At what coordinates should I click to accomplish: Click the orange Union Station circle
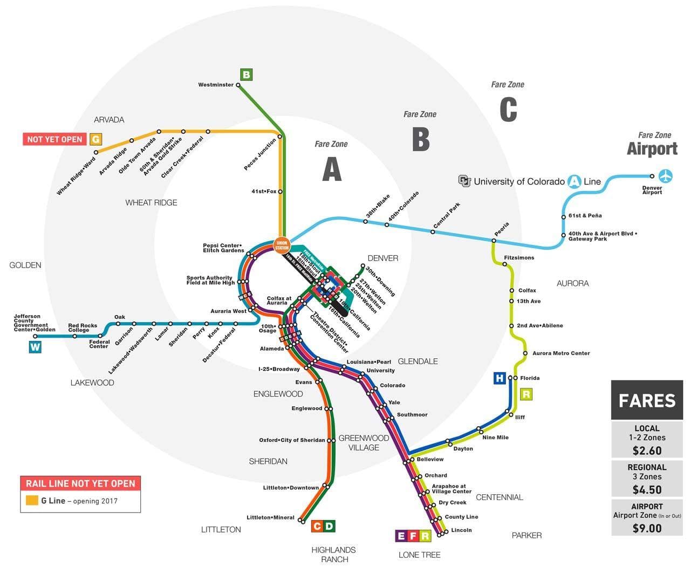point(282,245)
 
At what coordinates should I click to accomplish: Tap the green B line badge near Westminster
point(246,74)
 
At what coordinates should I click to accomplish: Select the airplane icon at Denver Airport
point(666,176)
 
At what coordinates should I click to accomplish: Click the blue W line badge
point(35,347)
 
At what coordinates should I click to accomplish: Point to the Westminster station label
point(216,85)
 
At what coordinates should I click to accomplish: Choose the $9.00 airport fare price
point(646,528)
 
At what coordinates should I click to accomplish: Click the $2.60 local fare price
point(646,450)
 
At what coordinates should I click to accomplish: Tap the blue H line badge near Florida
point(500,378)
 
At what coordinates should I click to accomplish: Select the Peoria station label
point(501,229)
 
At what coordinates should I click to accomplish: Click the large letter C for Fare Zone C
point(508,110)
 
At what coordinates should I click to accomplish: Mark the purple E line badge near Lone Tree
point(401,536)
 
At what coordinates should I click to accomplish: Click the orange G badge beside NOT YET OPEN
point(95,140)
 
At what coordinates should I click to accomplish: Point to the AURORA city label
point(572,283)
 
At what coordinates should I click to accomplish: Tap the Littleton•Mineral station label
point(270,518)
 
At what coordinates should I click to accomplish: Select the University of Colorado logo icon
point(464,181)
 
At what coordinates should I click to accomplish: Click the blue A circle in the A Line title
point(575,181)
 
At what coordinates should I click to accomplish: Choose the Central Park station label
point(447,215)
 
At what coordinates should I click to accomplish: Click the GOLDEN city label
point(25,265)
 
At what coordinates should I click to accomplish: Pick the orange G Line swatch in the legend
point(32,501)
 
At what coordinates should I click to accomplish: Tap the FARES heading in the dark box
point(646,401)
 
